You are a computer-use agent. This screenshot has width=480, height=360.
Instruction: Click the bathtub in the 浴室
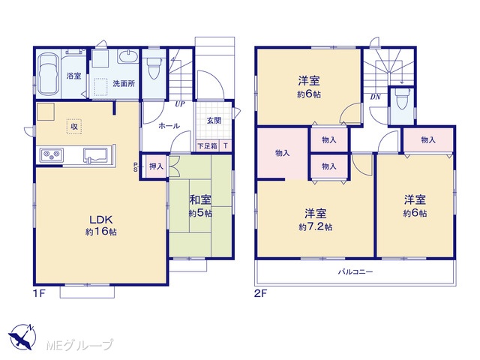(48, 74)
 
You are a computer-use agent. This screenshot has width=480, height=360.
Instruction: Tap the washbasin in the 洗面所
(127, 57)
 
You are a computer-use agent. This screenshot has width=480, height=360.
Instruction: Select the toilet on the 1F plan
(153, 68)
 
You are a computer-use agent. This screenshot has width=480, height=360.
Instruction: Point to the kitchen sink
(95, 155)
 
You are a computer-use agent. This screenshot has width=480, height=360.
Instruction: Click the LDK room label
(101, 220)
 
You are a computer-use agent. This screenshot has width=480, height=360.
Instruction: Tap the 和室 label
(200, 200)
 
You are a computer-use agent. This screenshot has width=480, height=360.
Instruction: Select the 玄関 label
(214, 120)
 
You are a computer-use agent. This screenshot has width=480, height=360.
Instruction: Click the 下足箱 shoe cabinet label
(207, 146)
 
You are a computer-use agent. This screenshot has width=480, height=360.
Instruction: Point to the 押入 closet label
(156, 166)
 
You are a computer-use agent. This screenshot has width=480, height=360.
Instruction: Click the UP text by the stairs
(180, 104)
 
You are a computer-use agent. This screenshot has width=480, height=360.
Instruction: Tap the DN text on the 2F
(375, 97)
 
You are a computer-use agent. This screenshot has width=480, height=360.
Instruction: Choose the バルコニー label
(355, 271)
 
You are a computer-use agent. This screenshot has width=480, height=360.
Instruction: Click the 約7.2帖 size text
(316, 226)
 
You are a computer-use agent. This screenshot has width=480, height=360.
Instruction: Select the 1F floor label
(39, 293)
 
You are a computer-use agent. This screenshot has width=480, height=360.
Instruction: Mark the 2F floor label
(261, 293)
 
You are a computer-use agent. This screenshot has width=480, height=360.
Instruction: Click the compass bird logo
(22, 337)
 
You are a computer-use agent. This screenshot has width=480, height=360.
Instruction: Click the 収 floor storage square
(74, 126)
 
